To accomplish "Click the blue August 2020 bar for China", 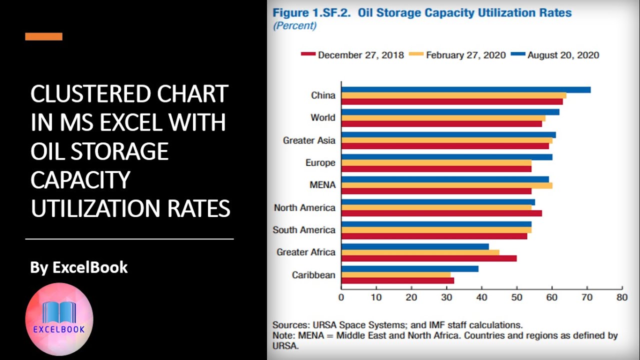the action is (x=466, y=89).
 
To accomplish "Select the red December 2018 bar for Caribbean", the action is (x=397, y=280).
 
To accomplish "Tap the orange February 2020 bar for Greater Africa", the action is (x=420, y=252).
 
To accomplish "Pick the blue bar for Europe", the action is (x=447, y=157).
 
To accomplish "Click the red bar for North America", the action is (x=441, y=213).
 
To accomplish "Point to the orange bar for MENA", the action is (x=447, y=185).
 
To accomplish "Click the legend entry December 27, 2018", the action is (x=352, y=55).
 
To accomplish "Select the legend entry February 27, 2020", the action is (x=457, y=55).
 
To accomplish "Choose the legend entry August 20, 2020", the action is (x=555, y=55).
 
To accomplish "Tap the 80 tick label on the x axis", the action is (x=622, y=297).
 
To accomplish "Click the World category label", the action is (x=323, y=117).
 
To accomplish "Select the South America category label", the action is (x=304, y=229).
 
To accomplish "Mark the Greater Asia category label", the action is (x=309, y=140).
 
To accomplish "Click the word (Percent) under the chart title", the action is (x=295, y=25).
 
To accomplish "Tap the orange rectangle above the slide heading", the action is (x=43, y=36).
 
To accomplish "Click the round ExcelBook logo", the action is (x=59, y=319).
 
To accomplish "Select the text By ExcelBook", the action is (x=79, y=267).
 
